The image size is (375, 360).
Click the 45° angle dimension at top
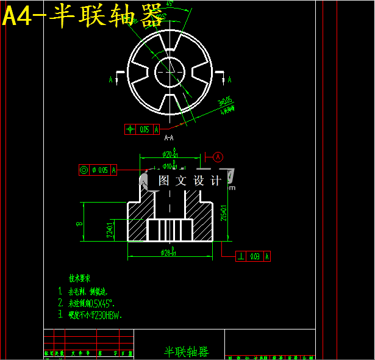pos(169,4)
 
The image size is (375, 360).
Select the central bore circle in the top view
pos(169,71)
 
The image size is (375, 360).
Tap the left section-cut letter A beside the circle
pos(111,79)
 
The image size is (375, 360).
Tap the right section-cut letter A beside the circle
pos(229,79)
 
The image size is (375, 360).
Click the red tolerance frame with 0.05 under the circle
pos(142,129)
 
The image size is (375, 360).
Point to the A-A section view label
pos(169,138)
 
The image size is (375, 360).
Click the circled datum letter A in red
pos(219,156)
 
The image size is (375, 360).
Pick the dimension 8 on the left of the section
pos(79,224)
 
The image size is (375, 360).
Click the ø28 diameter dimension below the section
pos(170,252)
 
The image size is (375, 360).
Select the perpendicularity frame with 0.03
pos(254,256)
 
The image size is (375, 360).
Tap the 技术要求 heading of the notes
pos(80,276)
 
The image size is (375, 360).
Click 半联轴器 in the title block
pos(186,352)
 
